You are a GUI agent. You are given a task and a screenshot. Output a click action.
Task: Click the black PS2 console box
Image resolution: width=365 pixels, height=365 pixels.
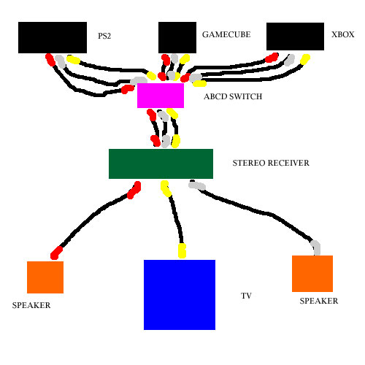(53, 37)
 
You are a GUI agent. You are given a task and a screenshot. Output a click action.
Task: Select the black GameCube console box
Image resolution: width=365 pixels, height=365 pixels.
(177, 37)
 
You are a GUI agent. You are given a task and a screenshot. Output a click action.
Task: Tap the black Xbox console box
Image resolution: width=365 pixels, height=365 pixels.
(295, 36)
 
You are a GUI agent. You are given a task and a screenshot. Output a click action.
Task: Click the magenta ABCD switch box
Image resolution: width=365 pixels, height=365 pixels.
(161, 96)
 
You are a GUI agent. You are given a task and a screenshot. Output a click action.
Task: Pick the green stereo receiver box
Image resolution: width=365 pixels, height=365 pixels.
(161, 164)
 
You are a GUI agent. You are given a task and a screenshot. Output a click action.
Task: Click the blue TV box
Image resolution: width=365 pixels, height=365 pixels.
(180, 295)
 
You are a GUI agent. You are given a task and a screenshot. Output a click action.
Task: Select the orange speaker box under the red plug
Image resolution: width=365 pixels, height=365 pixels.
(45, 277)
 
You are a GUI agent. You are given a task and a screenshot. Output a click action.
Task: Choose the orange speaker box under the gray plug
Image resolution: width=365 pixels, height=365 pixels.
(312, 274)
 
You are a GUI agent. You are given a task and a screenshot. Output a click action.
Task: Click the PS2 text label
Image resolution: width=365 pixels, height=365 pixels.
(104, 36)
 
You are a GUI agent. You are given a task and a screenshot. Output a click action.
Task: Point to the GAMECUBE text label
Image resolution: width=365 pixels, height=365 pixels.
(226, 34)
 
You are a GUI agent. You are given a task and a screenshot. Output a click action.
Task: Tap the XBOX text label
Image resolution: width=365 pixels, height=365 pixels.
(343, 34)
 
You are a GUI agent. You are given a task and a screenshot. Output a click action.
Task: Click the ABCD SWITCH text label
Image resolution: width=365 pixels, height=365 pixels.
(233, 96)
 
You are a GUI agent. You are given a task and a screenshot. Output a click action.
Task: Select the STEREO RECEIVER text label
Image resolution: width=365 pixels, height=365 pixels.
(271, 163)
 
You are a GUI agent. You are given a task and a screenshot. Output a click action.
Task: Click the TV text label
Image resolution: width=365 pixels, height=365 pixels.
(246, 296)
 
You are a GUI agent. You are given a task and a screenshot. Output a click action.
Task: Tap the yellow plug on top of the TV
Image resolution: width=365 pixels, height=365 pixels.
(182, 250)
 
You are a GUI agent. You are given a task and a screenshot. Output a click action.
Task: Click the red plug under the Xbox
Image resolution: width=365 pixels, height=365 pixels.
(272, 58)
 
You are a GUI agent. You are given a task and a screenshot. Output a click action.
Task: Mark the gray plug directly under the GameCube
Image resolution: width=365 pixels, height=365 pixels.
(174, 58)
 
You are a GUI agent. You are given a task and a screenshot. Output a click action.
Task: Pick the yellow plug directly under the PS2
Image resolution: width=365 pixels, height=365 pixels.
(73, 60)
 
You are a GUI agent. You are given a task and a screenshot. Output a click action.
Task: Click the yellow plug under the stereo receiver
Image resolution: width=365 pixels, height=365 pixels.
(166, 188)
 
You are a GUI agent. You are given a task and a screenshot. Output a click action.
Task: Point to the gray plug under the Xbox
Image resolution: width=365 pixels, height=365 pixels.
(289, 60)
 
